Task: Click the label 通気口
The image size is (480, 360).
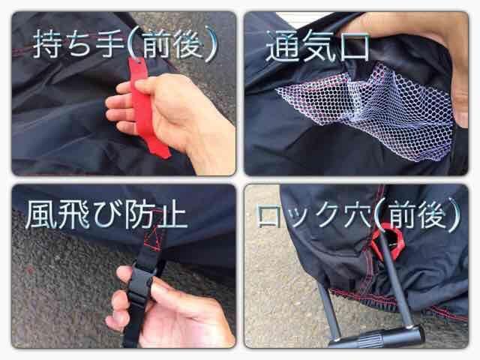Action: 318,46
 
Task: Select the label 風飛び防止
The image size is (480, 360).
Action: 106,214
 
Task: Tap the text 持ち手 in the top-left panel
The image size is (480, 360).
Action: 79,43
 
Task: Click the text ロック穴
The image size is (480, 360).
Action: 314,216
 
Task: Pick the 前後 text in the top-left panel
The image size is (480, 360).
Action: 173,43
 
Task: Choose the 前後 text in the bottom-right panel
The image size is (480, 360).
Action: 418,215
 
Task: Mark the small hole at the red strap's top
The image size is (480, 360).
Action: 139,62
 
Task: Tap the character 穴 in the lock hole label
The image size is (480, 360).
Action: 357,216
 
